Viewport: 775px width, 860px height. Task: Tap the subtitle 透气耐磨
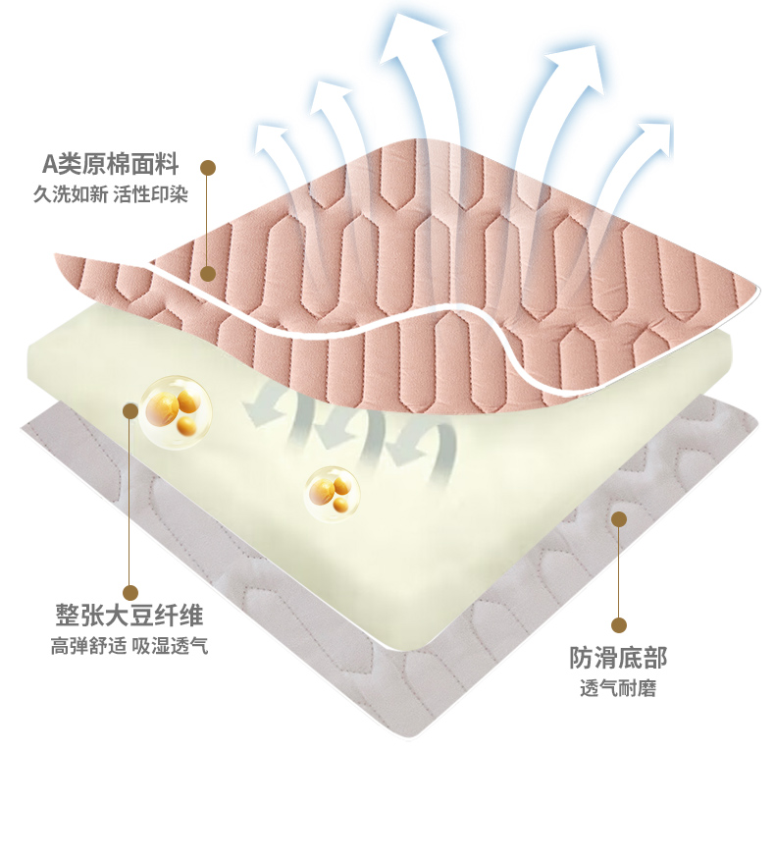618,687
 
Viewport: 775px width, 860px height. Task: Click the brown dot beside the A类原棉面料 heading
207,167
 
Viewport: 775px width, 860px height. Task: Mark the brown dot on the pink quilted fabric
207,273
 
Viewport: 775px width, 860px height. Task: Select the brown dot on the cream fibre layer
130,410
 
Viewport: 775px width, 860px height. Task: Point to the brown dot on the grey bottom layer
618,518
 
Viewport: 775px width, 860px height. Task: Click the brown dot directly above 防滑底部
618,624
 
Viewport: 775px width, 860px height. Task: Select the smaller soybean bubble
332,491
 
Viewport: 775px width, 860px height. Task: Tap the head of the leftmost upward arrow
270,138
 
